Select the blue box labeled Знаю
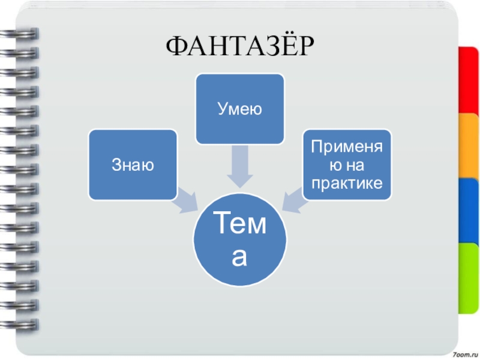133,164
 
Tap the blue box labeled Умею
240,109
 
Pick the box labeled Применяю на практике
347,164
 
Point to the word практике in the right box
347,182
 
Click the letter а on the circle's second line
240,257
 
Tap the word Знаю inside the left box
133,164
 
